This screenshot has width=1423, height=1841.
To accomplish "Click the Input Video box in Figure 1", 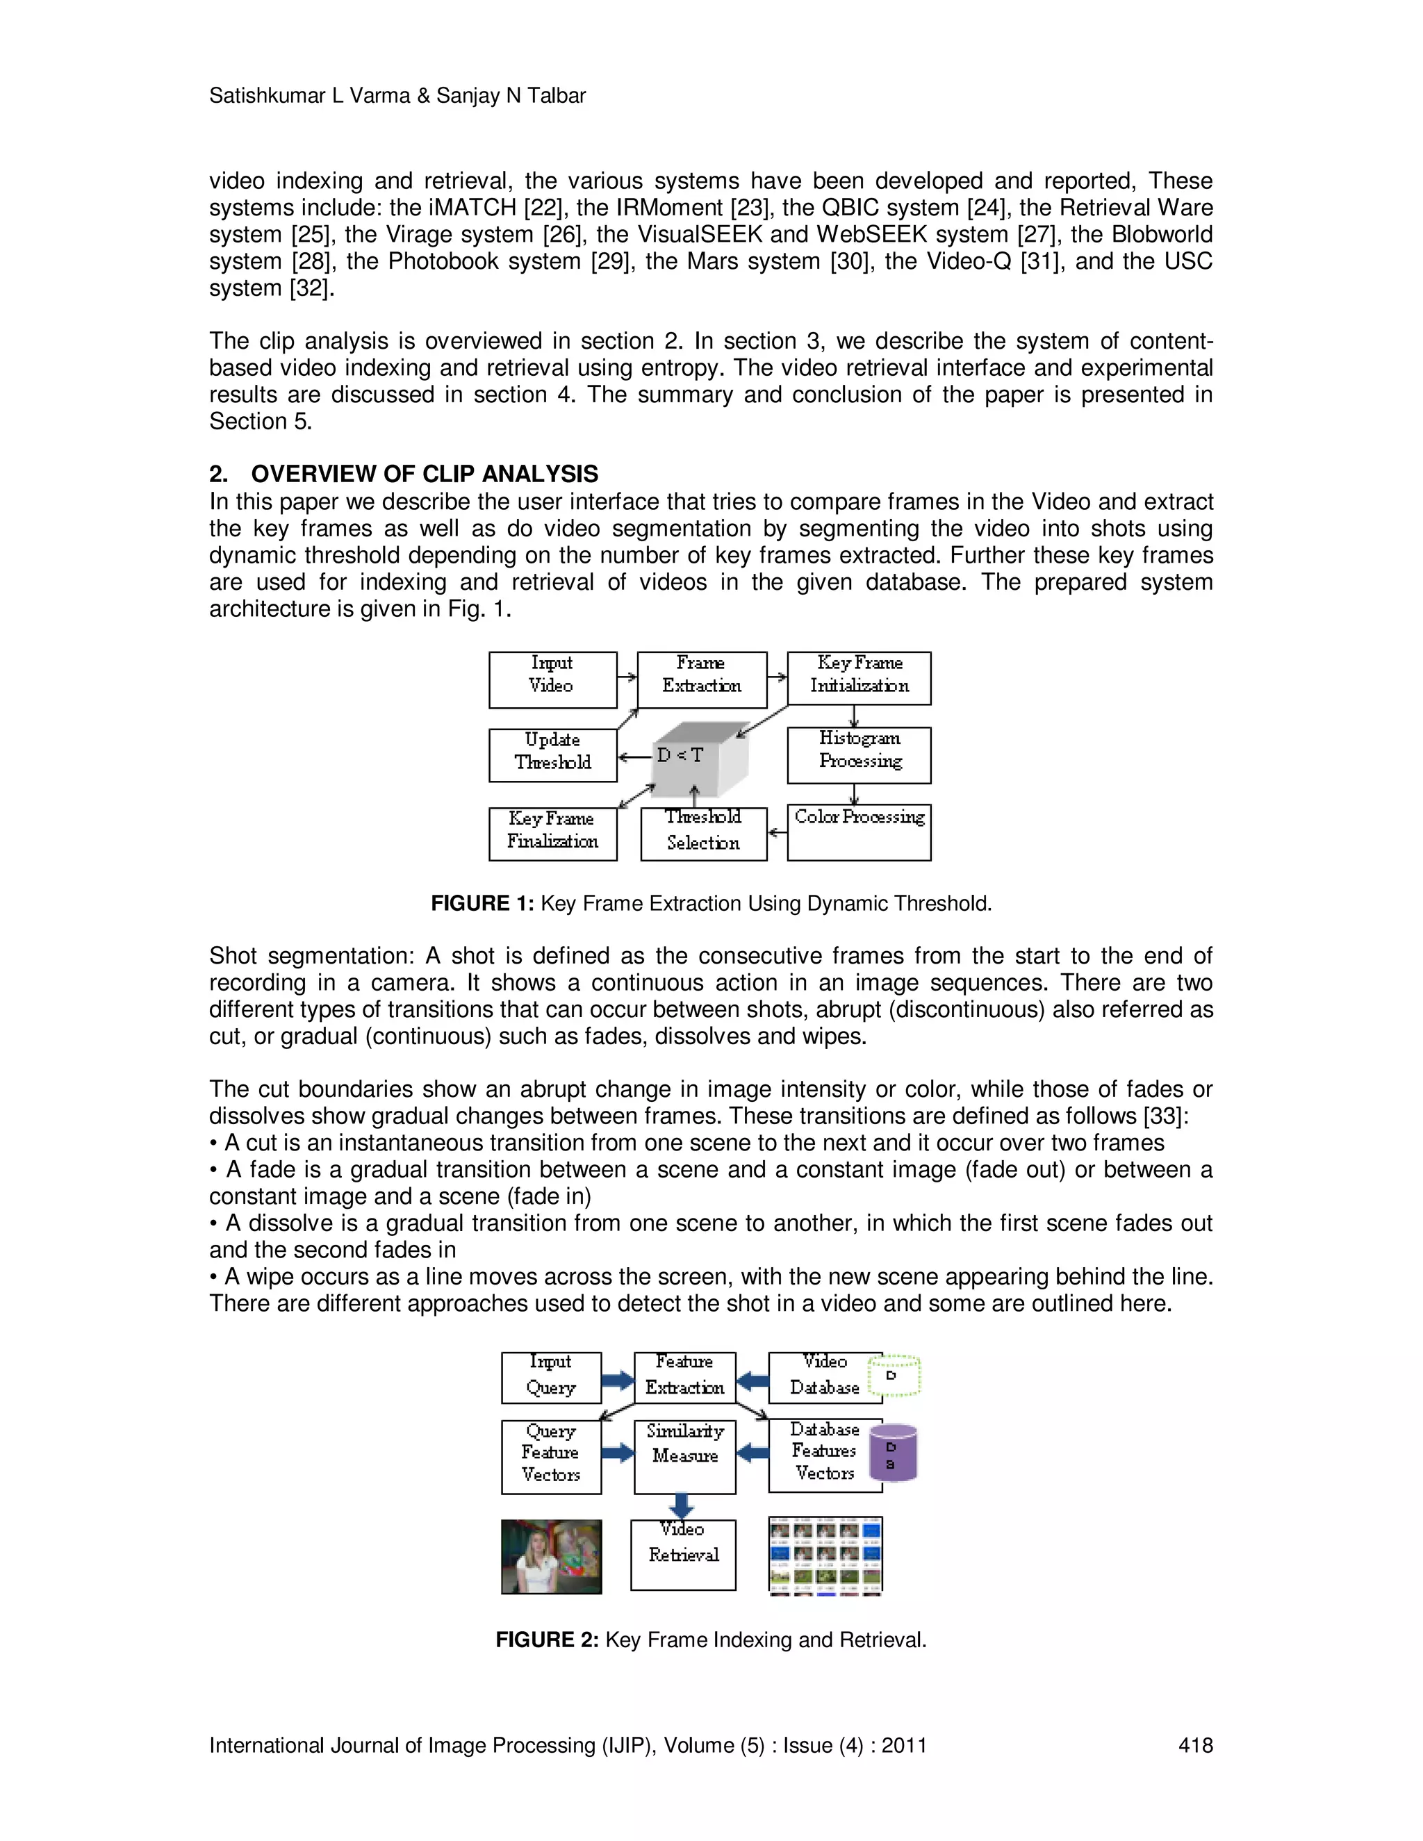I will coord(552,679).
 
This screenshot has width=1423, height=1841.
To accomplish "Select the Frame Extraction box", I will coord(701,679).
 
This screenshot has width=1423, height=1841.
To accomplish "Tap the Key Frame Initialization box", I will coord(858,678).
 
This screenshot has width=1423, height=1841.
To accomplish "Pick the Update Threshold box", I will coord(552,754).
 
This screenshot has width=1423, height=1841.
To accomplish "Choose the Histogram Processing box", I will coord(858,754).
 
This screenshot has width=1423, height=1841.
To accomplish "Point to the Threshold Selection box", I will coord(703,834).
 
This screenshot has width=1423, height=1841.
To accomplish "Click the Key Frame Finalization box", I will coord(552,834).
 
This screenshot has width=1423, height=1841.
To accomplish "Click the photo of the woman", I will coord(551,1556).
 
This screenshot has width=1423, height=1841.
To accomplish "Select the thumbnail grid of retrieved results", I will coord(825,1555).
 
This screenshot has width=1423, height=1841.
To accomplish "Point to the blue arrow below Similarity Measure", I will coord(681,1505).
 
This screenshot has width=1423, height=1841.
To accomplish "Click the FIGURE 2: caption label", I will coord(546,1640).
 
